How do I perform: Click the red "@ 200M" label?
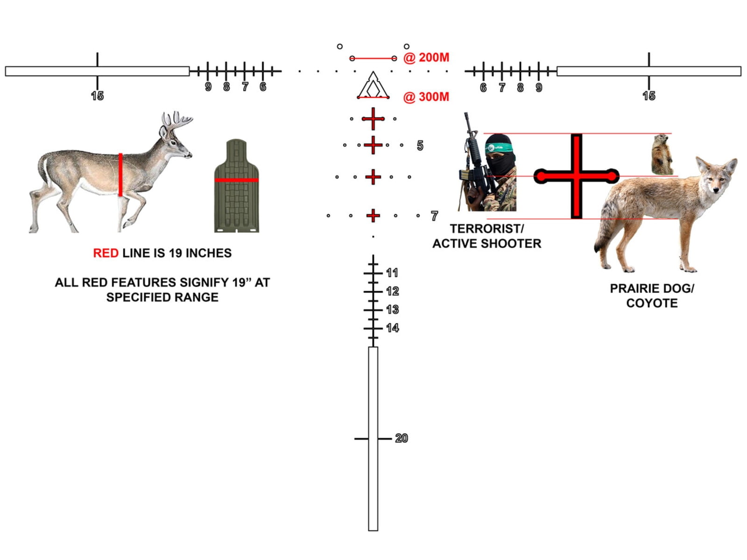[x=426, y=57]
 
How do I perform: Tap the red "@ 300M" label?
[x=426, y=97]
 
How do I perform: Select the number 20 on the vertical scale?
[x=401, y=438]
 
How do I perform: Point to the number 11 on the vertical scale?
[x=392, y=273]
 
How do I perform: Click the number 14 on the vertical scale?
[x=392, y=328]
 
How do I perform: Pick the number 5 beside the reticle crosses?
[x=420, y=146]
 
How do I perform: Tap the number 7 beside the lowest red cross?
[x=434, y=216]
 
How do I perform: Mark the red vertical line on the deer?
[x=120, y=175]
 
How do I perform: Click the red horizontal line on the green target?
[x=237, y=180]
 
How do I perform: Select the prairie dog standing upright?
[x=662, y=155]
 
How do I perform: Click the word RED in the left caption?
[x=106, y=253]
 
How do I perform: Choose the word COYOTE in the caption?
[x=652, y=303]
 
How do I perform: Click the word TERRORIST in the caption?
[x=485, y=229]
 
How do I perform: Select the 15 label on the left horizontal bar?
[x=97, y=96]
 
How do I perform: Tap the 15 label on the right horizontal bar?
[x=648, y=96]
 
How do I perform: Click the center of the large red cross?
[x=576, y=176]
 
